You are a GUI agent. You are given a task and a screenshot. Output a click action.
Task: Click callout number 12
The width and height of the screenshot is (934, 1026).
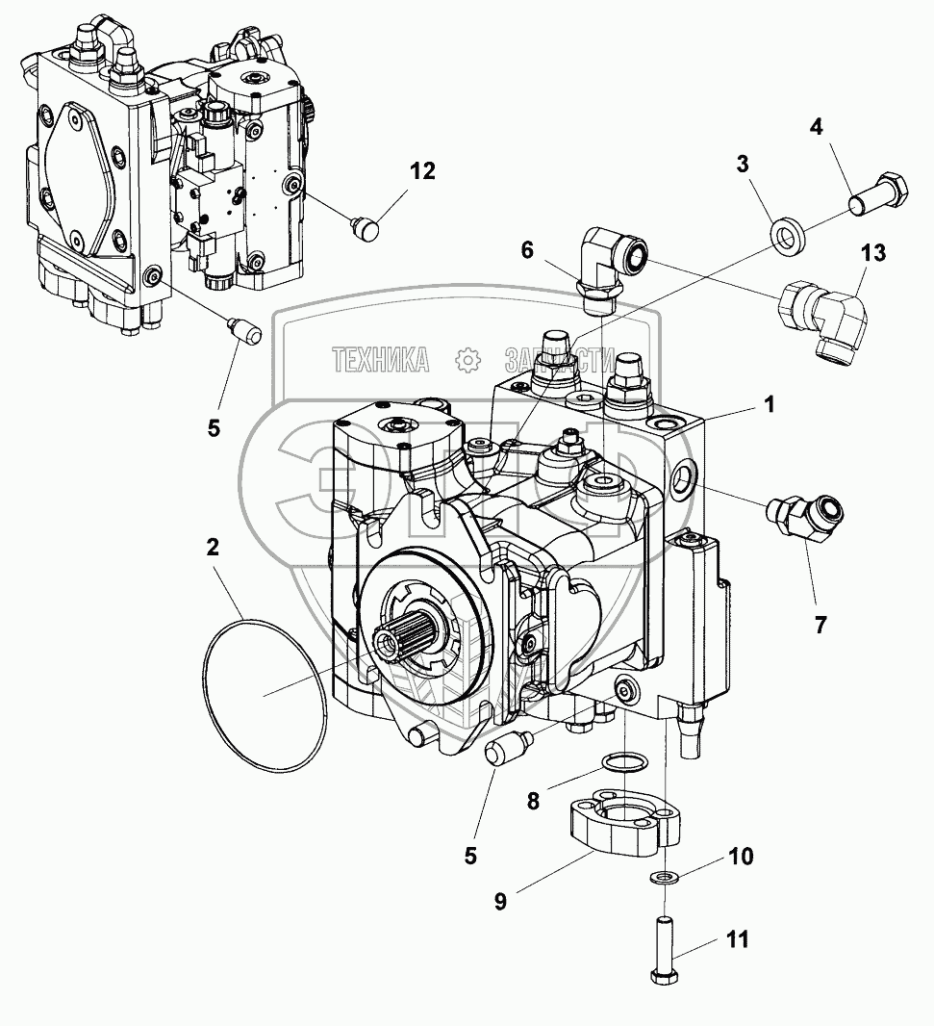(422, 171)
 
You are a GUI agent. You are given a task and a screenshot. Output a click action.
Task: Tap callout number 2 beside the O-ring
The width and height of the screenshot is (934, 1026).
(213, 547)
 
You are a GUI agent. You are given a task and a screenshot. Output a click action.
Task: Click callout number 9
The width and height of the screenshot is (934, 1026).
(500, 902)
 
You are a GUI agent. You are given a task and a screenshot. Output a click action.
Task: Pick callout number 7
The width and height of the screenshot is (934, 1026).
(820, 625)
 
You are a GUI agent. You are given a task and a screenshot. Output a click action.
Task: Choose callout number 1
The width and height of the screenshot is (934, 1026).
(769, 405)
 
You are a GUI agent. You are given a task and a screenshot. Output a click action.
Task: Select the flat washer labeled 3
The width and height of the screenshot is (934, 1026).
(789, 235)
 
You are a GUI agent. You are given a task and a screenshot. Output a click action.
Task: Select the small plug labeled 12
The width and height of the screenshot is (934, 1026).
(366, 228)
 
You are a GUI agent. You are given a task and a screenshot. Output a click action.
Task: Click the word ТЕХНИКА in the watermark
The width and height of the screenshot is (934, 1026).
(381, 361)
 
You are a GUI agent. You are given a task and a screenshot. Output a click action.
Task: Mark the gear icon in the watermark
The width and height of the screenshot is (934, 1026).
(468, 361)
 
